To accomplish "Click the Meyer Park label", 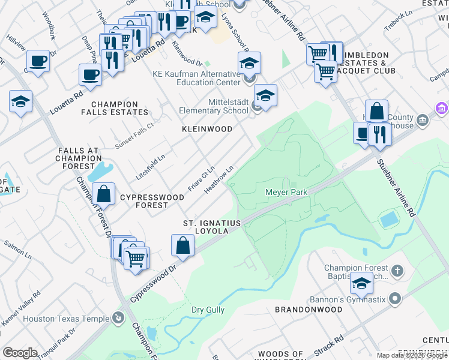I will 286,192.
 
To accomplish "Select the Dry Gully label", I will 208,310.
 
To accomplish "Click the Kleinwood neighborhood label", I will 207,129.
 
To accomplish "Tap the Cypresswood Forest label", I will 144,201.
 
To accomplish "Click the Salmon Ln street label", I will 18,245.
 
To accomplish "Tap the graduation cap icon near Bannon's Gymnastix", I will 361,283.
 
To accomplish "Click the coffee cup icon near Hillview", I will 38,61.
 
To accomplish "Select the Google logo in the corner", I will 20,353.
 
